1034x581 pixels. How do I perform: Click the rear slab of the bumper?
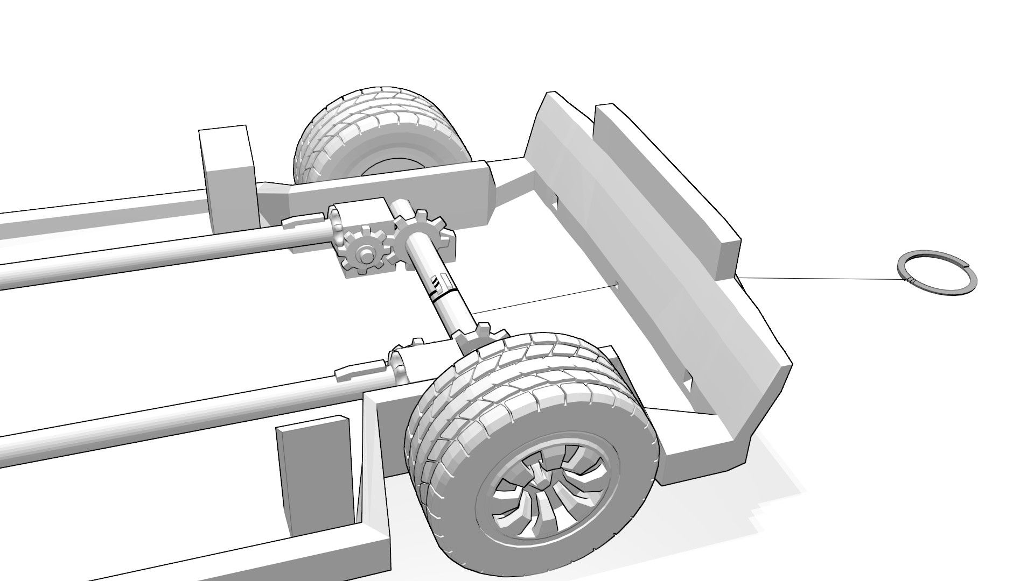(662, 172)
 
